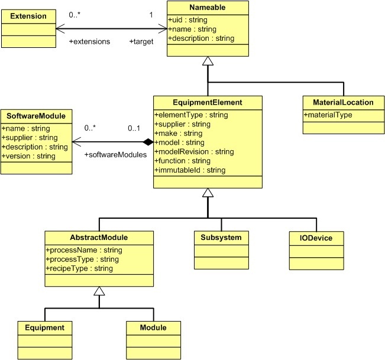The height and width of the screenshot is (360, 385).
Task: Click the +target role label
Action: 142,42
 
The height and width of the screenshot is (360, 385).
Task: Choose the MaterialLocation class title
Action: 342,102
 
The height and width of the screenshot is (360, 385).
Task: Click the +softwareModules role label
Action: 115,154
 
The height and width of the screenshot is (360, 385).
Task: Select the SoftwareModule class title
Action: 37,115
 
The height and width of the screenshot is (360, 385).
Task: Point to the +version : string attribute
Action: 28,156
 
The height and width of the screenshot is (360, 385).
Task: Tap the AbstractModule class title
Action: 99,237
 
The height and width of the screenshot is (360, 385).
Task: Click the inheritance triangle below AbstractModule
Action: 99,291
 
